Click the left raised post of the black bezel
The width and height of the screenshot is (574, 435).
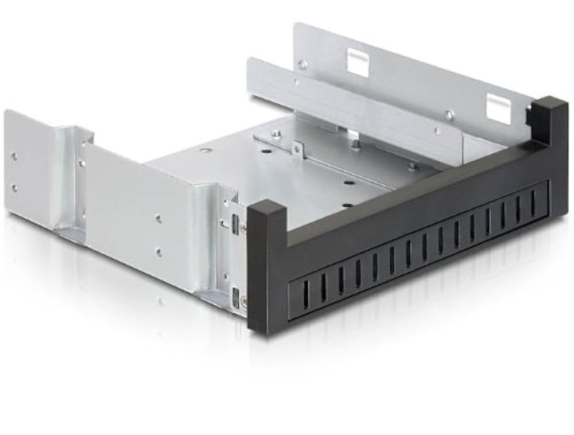point(266,264)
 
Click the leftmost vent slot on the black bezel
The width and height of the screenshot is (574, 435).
point(305,293)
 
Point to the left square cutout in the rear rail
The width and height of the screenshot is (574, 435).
point(358,62)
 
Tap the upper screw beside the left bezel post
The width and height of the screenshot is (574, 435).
point(244,228)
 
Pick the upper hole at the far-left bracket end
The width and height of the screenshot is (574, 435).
point(14,156)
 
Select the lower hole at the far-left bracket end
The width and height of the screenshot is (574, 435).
point(14,188)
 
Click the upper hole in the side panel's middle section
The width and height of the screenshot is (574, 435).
point(158,218)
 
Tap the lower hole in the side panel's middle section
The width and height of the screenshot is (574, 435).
point(158,251)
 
